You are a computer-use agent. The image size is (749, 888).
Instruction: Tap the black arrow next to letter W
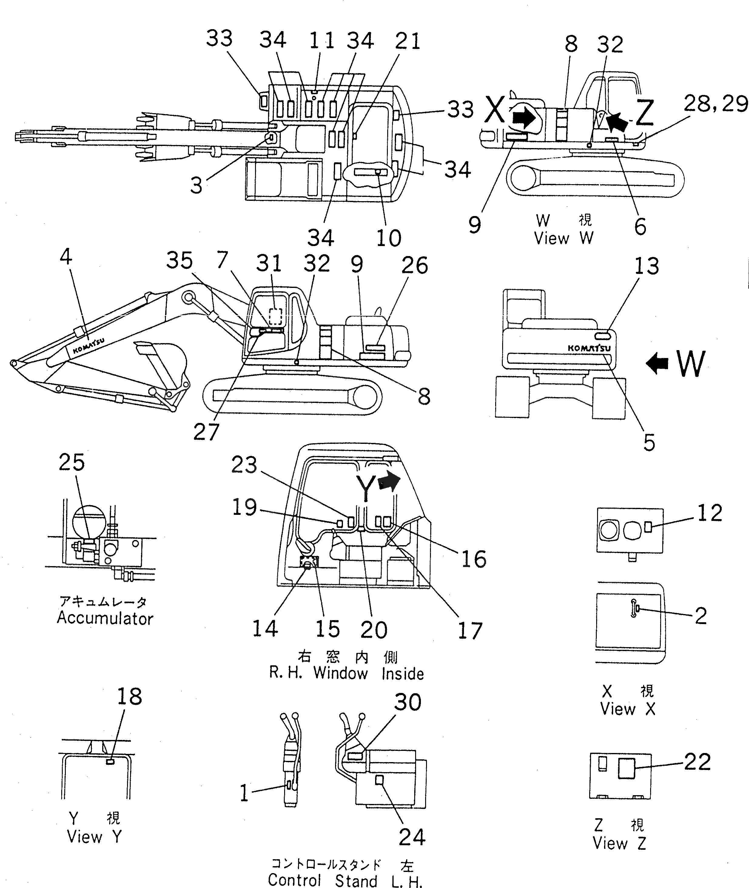[x=657, y=364]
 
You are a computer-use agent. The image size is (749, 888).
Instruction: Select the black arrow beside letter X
[x=524, y=117]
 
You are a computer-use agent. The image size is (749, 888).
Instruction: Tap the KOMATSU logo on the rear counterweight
[x=589, y=348]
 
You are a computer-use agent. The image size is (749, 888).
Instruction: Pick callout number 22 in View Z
[x=697, y=762]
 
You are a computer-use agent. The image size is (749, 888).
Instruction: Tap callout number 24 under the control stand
[x=412, y=837]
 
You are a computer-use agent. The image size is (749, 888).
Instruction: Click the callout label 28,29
[x=715, y=104]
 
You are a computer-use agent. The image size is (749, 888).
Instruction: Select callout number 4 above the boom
[x=66, y=257]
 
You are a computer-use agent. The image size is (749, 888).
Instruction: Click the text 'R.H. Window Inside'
[x=346, y=674]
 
